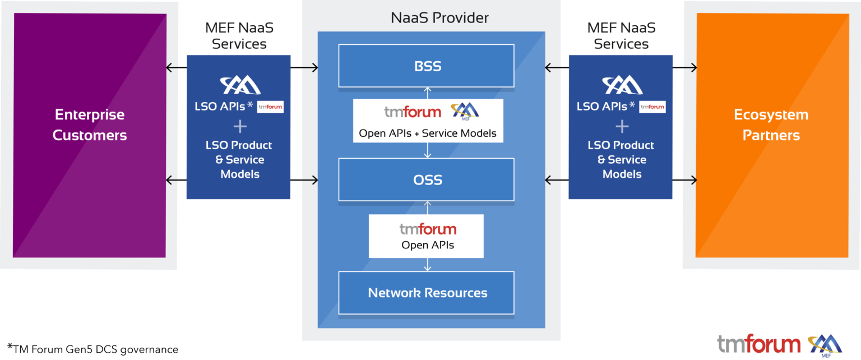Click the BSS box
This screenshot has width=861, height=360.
click(x=426, y=66)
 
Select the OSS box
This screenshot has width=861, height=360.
click(x=426, y=180)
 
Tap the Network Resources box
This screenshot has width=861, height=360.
click(x=426, y=293)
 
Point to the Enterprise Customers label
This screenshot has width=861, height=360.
click(x=90, y=125)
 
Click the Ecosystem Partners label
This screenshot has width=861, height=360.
click(x=771, y=125)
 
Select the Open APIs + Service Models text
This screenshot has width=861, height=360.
click(x=428, y=133)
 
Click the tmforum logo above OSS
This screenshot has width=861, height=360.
click(x=412, y=112)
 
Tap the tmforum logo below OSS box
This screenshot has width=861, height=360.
click(x=428, y=229)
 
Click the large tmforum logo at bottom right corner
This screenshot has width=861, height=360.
click(x=760, y=344)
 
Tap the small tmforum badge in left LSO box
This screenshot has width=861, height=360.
click(x=270, y=107)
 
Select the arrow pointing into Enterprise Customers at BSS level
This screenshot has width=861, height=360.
click(x=172, y=68)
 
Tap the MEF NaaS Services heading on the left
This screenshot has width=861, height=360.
click(x=239, y=35)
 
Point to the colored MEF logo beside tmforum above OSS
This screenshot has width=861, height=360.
click(x=465, y=111)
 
